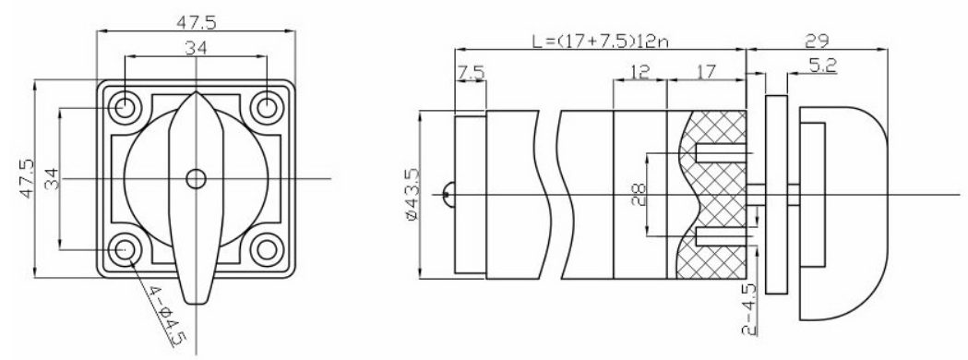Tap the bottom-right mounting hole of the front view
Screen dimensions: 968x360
click(x=267, y=250)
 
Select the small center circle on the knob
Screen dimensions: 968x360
click(x=197, y=179)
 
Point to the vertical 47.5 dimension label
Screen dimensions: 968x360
click(x=27, y=178)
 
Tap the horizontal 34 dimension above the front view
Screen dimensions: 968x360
click(x=197, y=48)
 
